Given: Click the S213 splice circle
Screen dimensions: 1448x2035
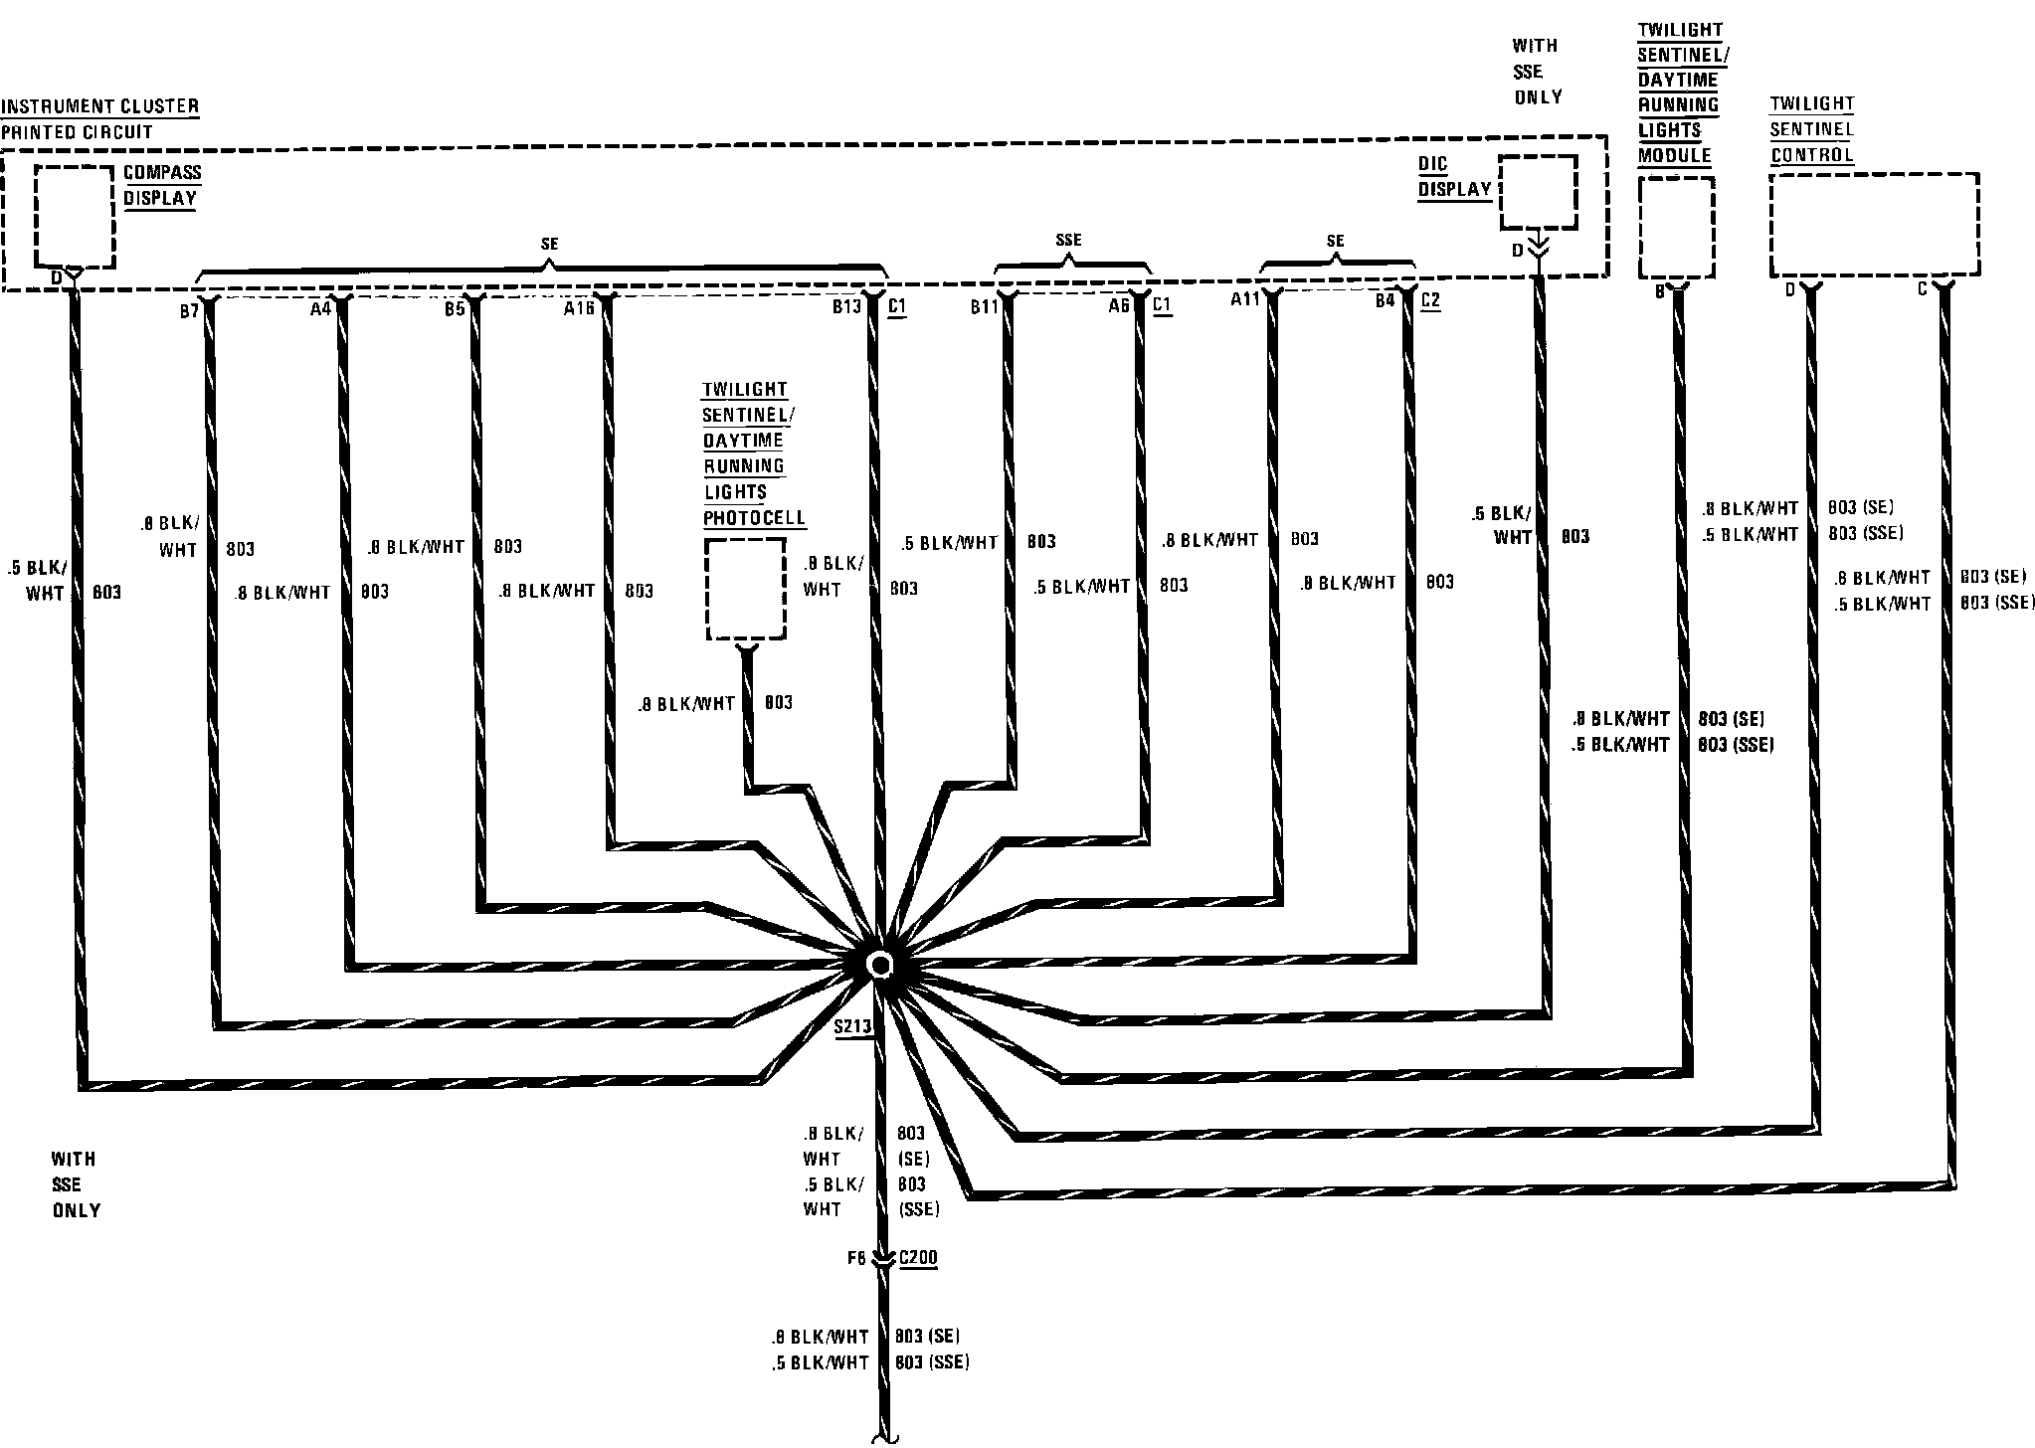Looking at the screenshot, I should pyautogui.click(x=880, y=965).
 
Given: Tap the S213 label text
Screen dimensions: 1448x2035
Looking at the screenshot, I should pyautogui.click(x=852, y=1027).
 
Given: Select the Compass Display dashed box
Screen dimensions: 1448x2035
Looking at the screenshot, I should pyautogui.click(x=75, y=217).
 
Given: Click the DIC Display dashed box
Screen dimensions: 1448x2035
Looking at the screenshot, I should pyautogui.click(x=1537, y=193).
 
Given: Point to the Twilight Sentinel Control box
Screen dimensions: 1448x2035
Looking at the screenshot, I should pyautogui.click(x=1874, y=225).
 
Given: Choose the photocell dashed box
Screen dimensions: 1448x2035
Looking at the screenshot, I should pyautogui.click(x=745, y=590).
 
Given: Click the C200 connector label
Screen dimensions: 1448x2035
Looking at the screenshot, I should pyautogui.click(x=917, y=1258).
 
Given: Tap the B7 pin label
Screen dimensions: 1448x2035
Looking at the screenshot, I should pyautogui.click(x=189, y=311).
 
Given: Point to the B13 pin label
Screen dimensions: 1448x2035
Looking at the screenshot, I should pyautogui.click(x=846, y=307).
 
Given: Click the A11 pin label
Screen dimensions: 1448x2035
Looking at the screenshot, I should pyautogui.click(x=1245, y=299).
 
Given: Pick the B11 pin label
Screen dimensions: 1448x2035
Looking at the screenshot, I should pyautogui.click(x=984, y=307).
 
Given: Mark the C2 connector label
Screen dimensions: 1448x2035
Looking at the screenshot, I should pyautogui.click(x=1430, y=300).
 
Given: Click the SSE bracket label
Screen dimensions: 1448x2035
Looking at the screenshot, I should pyautogui.click(x=1068, y=240).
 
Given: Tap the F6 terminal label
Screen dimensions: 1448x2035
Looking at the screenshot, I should pyautogui.click(x=856, y=1258).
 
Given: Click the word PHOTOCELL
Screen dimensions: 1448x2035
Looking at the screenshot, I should pyautogui.click(x=754, y=518).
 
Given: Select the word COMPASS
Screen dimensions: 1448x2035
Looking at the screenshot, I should pyautogui.click(x=162, y=172).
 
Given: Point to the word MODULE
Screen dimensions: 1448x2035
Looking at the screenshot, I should pyautogui.click(x=1674, y=155).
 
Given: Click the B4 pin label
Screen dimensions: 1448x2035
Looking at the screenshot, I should pyautogui.click(x=1385, y=301).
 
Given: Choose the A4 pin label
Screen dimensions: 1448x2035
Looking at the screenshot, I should pyautogui.click(x=319, y=309).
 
